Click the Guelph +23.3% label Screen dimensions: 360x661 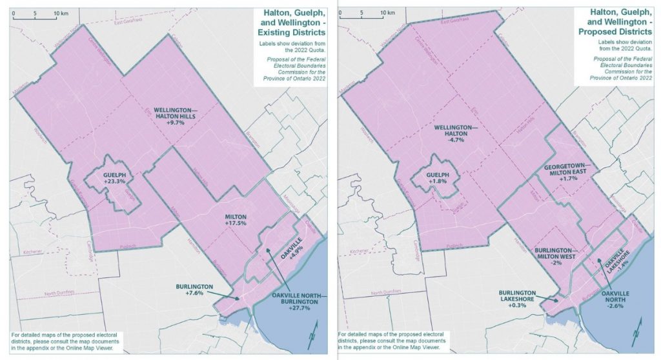113,177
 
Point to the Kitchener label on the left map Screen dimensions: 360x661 32,252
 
